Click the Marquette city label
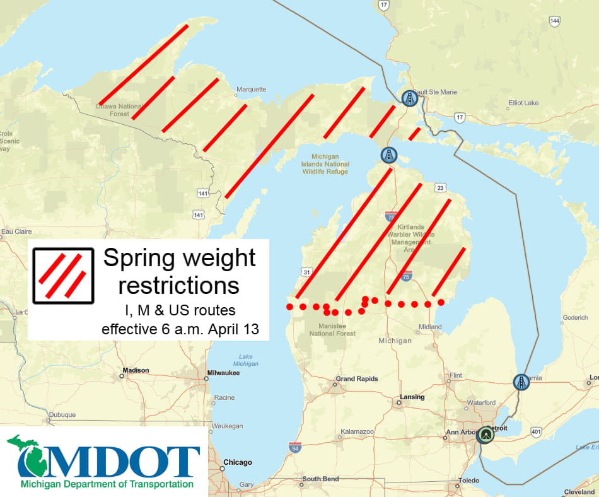point(252,90)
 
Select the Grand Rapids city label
point(357,378)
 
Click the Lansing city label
point(412,397)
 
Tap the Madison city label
point(136,370)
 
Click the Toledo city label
point(468,481)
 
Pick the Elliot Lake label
point(523,102)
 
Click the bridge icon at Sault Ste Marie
point(410,98)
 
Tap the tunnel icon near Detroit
point(485,435)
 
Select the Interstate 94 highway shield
point(294,448)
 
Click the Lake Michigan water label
point(245,360)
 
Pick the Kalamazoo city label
point(357,432)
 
